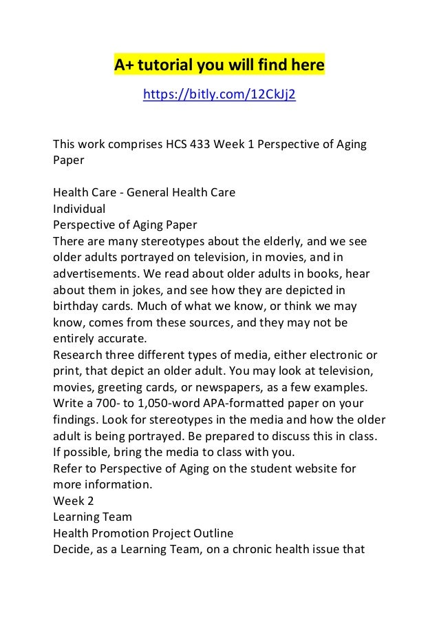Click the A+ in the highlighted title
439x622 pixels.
coord(124,65)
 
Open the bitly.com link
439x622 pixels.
coord(219,94)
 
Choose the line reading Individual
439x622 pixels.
coord(78,209)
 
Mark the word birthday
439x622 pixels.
coord(74,307)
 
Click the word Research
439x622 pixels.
coord(79,354)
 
